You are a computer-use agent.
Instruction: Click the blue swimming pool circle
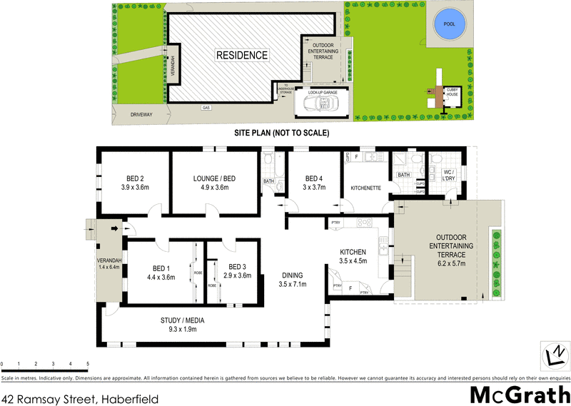pyautogui.click(x=449, y=24)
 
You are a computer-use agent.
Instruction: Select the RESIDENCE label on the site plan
pyautogui.click(x=243, y=55)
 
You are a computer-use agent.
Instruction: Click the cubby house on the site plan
pyautogui.click(x=451, y=94)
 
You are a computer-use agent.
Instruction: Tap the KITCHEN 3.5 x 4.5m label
pyautogui.click(x=353, y=256)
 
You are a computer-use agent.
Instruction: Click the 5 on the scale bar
pyautogui.click(x=88, y=364)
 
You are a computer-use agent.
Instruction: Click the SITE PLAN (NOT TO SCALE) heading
pyautogui.click(x=281, y=133)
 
